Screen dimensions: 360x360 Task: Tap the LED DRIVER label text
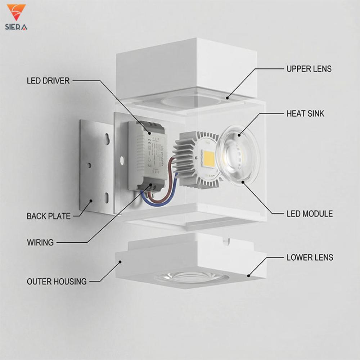point(48,81)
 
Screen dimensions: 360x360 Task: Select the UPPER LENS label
point(309,69)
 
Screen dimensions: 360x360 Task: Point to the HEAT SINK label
point(305,114)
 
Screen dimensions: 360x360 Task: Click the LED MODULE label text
point(310,214)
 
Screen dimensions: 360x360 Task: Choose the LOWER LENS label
point(310,257)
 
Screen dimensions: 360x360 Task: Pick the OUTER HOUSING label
point(57,282)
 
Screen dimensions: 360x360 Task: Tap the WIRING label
point(40,242)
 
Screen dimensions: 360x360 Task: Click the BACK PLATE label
point(49,216)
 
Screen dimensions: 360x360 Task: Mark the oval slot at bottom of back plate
point(107,197)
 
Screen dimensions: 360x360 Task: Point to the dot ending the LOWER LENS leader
point(249,276)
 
